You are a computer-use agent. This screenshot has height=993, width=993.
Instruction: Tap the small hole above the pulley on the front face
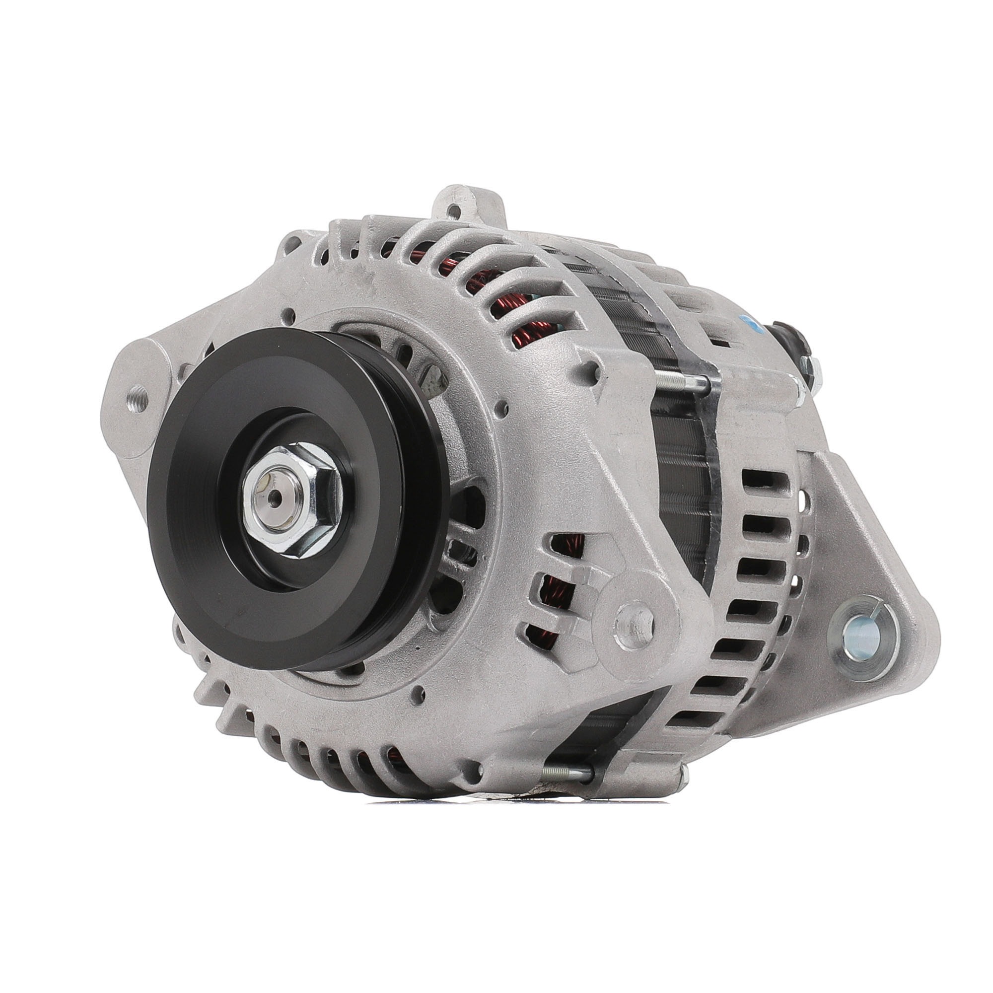(x=291, y=311)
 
